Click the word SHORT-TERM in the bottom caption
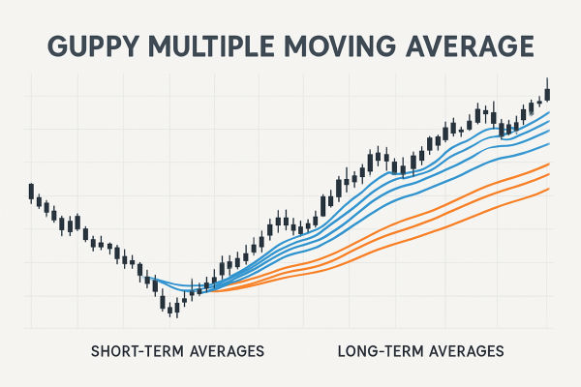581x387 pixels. [x=136, y=349]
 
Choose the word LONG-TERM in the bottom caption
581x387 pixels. [x=379, y=349]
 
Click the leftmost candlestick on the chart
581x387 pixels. [x=31, y=191]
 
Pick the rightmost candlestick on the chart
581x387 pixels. [x=548, y=93]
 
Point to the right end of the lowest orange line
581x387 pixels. [x=549, y=189]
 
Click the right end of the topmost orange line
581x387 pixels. [x=549, y=165]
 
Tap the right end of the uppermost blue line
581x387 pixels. [x=549, y=113]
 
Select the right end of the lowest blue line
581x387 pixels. [x=549, y=144]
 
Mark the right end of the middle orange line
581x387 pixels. [x=549, y=176]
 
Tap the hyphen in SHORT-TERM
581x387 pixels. [x=140, y=349]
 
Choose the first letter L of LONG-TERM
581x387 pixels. [x=344, y=349]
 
